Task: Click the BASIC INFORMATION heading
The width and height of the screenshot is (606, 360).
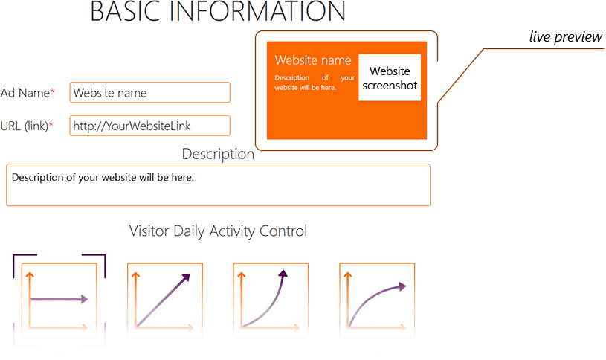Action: click(218, 11)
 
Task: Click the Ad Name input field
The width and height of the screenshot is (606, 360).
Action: click(150, 92)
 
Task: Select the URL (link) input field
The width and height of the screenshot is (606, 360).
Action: click(150, 126)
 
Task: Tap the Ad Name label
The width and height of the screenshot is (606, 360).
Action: click(25, 93)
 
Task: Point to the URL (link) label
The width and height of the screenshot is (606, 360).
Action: click(25, 126)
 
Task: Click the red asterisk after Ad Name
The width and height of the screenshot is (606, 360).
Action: click(52, 91)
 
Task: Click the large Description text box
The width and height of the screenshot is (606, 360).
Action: click(218, 184)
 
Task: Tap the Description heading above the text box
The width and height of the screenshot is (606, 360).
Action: click(218, 154)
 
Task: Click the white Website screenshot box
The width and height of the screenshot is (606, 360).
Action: click(390, 77)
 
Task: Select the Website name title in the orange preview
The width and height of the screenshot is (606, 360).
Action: click(313, 60)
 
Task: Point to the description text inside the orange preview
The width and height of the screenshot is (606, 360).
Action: click(315, 83)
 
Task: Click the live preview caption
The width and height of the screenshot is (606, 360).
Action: click(565, 36)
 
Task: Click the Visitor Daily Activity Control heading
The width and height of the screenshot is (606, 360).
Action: click(218, 231)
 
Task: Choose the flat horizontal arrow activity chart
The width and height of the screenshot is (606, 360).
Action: click(59, 300)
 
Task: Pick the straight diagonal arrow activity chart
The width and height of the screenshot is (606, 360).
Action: click(165, 300)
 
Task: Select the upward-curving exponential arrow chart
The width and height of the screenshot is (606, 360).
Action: click(271, 300)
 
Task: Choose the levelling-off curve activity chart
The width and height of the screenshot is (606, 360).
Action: click(377, 300)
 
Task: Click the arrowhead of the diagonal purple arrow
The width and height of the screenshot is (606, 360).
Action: click(187, 277)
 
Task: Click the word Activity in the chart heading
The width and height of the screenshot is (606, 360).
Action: click(233, 231)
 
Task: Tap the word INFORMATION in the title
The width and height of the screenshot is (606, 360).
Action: click(257, 11)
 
